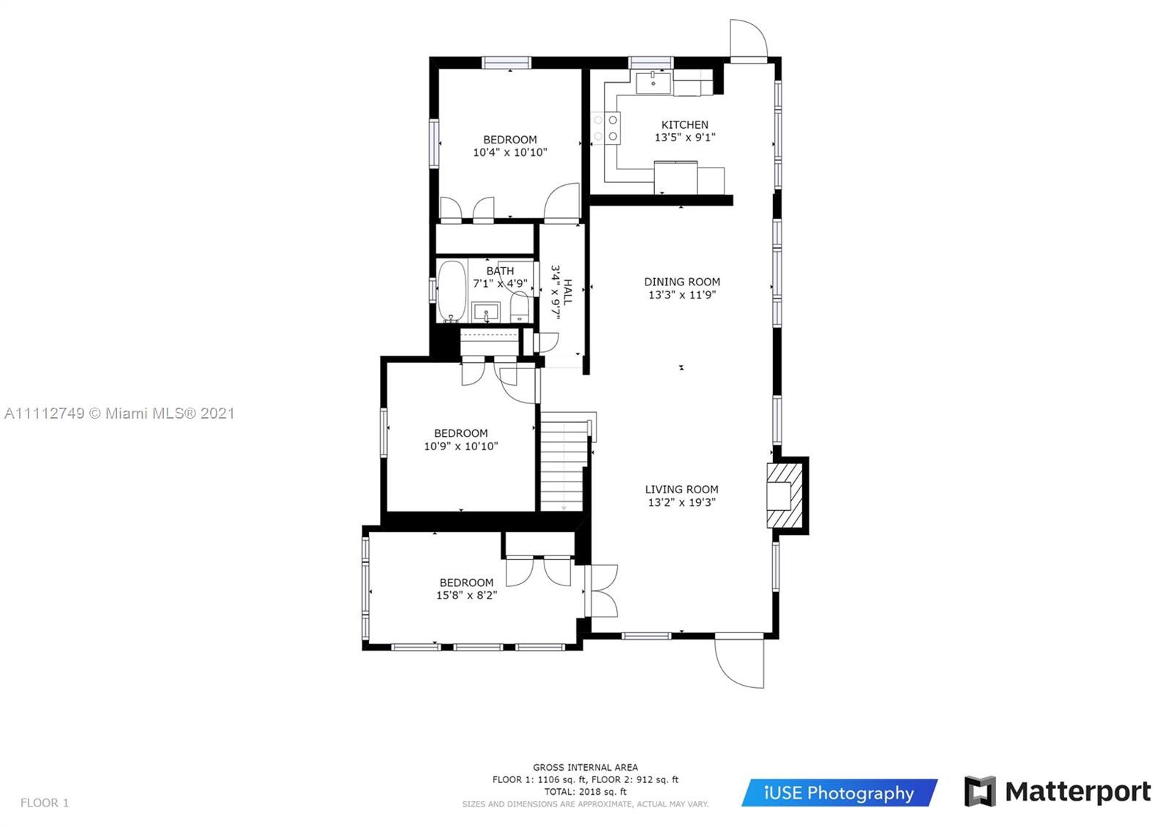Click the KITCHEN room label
click(685, 125)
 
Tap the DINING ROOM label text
click(682, 282)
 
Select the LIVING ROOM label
click(681, 490)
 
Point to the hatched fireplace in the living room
click(785, 495)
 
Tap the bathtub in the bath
click(452, 291)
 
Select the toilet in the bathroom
click(520, 307)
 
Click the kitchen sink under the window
click(653, 83)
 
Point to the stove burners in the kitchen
click(605, 128)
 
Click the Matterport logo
click(1058, 791)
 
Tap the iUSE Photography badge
click(839, 793)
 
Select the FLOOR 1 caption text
click(45, 803)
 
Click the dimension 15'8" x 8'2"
click(467, 596)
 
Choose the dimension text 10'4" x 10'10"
click(510, 153)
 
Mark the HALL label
click(568, 292)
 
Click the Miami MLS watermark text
click(120, 413)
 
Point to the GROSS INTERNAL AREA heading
click(585, 768)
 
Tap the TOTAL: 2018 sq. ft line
click(585, 791)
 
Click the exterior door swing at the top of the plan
click(749, 40)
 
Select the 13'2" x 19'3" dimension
click(681, 502)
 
